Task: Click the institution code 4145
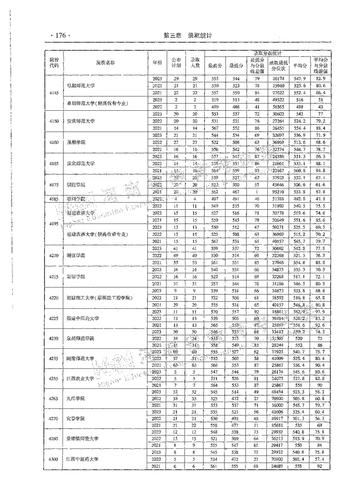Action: (x=54, y=93)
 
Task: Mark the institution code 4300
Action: (x=54, y=459)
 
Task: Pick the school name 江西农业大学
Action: (x=81, y=379)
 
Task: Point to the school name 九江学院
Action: (x=75, y=399)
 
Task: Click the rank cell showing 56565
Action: (x=277, y=107)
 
